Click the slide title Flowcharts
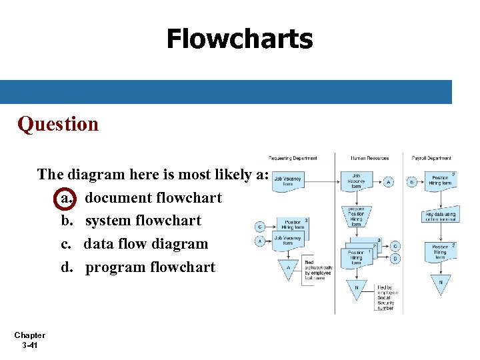(239, 39)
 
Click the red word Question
(58, 124)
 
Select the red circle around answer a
(65, 198)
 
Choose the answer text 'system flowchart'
(143, 221)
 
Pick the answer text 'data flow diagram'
(145, 244)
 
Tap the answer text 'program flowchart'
(150, 267)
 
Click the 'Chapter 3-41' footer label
(29, 340)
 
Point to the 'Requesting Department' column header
(293, 159)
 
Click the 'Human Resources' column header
(370, 159)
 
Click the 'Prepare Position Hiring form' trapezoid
(356, 217)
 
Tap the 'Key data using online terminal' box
(441, 215)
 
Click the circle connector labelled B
(412, 181)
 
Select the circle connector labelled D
(396, 258)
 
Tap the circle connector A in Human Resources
(389, 181)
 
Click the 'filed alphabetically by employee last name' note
(317, 271)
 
